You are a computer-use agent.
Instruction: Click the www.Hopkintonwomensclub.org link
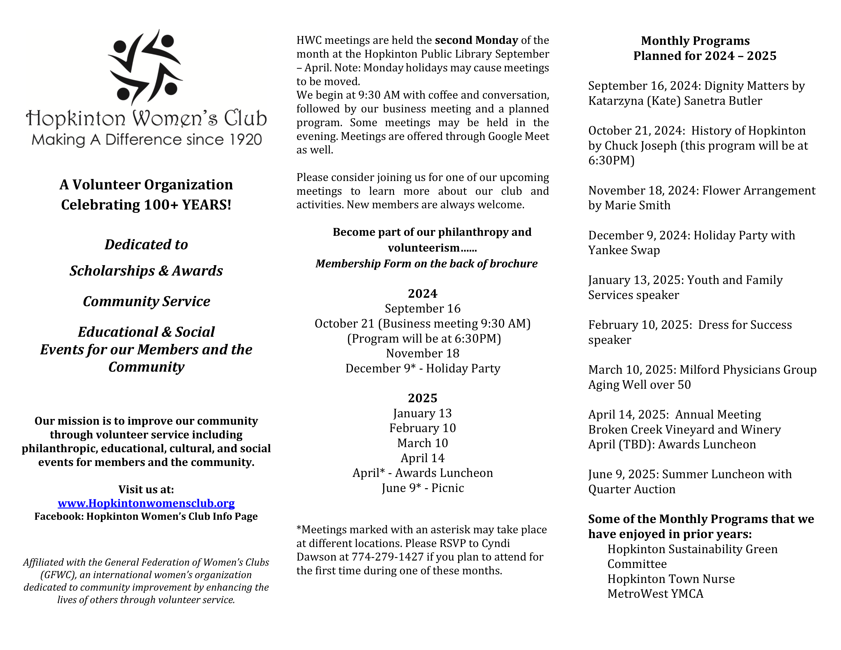tap(146, 503)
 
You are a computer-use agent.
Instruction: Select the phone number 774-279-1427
tap(387, 557)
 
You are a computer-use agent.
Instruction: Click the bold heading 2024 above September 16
tap(423, 293)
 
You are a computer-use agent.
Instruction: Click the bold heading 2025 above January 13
tap(423, 398)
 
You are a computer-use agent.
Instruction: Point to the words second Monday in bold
tap(476, 40)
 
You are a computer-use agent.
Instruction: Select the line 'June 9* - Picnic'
tap(423, 488)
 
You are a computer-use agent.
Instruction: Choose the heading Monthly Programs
tap(695, 41)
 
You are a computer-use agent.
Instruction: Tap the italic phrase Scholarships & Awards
tap(146, 271)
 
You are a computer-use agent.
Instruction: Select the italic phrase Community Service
tap(146, 301)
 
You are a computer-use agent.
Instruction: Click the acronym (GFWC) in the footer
tap(57, 575)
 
